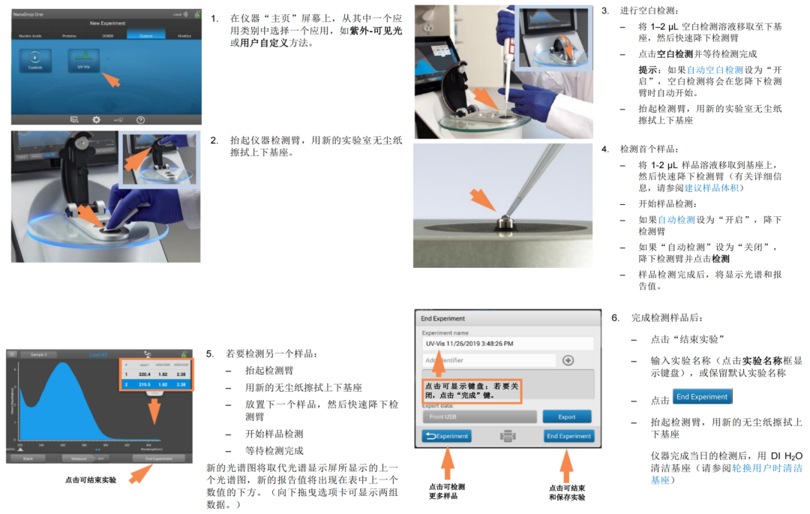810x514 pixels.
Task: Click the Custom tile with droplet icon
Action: tap(35, 60)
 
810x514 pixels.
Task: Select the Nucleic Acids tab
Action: tap(31, 35)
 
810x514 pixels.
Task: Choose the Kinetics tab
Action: tap(184, 35)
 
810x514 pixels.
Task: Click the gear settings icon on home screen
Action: tap(96, 119)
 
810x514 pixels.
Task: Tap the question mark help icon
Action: tap(140, 119)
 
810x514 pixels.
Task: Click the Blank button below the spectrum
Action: tap(28, 458)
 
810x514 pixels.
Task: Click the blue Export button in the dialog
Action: tap(566, 416)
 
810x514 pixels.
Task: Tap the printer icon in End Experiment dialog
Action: tap(508, 435)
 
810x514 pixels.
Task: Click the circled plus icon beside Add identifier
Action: tap(568, 360)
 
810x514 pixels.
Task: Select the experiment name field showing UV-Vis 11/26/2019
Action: tap(507, 343)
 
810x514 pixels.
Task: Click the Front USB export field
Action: tap(478, 416)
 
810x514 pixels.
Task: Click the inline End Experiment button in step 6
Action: tap(702, 397)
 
